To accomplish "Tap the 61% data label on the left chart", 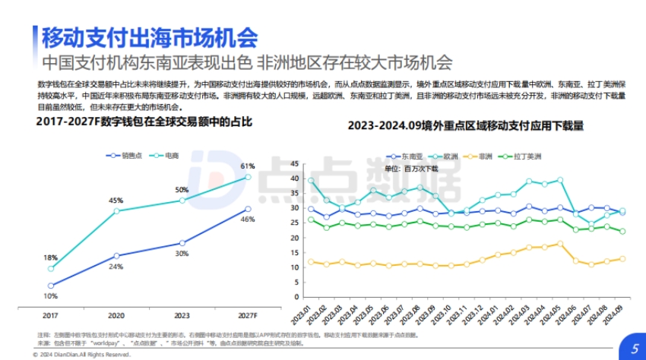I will pos(247,166).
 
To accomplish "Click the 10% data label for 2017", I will pos(51,296).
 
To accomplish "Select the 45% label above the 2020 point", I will pos(116,201).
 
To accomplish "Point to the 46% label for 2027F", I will pos(247,219).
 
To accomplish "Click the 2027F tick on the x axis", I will pos(247,314).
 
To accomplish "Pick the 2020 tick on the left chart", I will pos(116,314).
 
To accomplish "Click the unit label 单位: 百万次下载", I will pos(411,168).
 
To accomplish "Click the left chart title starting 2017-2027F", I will pos(143,122).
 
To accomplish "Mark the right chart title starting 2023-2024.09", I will pos(465,126).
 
